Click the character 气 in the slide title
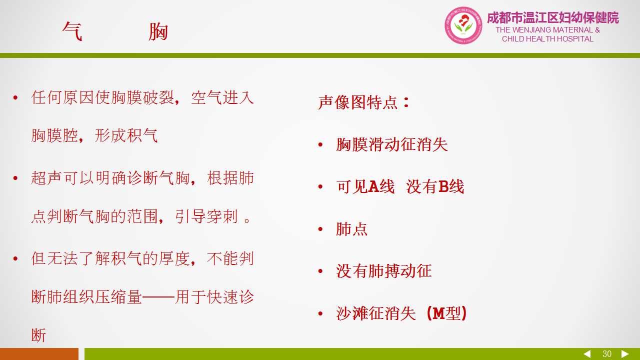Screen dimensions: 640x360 click(x=72, y=31)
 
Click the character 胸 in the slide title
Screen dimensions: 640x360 click(x=158, y=31)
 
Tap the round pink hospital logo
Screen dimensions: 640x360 click(x=463, y=25)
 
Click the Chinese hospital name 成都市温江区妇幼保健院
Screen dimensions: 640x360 click(x=553, y=17)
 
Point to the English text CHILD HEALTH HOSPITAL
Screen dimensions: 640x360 click(x=547, y=39)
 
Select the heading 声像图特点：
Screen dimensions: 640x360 click(x=364, y=102)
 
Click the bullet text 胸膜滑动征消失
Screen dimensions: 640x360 click(x=391, y=144)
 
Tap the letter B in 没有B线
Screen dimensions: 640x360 click(x=443, y=186)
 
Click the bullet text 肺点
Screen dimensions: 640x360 click(x=351, y=229)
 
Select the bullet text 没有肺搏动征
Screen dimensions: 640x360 click(x=383, y=271)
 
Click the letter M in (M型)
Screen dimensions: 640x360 click(x=438, y=313)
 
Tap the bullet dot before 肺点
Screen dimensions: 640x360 click(x=320, y=229)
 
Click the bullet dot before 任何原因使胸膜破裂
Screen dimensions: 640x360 click(x=15, y=97)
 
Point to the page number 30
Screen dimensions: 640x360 click(x=607, y=354)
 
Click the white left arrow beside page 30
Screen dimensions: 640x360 click(x=587, y=354)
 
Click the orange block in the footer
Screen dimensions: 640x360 click(x=39, y=354)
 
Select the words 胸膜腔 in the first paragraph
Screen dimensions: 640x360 click(x=54, y=135)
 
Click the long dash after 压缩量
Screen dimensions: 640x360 click(x=158, y=297)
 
